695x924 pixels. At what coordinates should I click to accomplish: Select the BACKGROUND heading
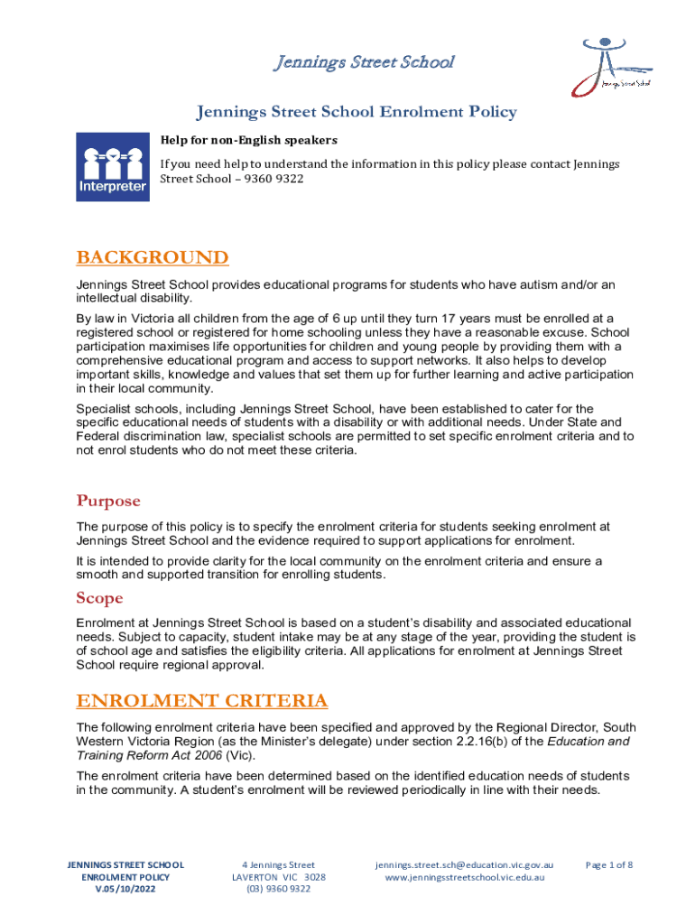point(152,258)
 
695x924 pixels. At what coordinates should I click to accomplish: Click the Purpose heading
point(108,501)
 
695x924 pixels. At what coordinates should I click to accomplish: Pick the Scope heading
point(99,598)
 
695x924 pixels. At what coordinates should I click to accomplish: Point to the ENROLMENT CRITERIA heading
point(201,701)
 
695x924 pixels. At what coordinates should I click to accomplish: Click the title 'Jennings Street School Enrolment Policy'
point(357,112)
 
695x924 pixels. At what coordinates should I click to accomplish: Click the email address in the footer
point(463,864)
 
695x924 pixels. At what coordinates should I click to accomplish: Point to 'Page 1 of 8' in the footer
point(609,864)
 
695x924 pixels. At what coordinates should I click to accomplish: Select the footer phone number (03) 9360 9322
point(278,889)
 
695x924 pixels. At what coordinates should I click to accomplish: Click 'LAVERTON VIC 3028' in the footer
point(278,877)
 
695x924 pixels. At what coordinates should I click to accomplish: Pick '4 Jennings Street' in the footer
point(278,864)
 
